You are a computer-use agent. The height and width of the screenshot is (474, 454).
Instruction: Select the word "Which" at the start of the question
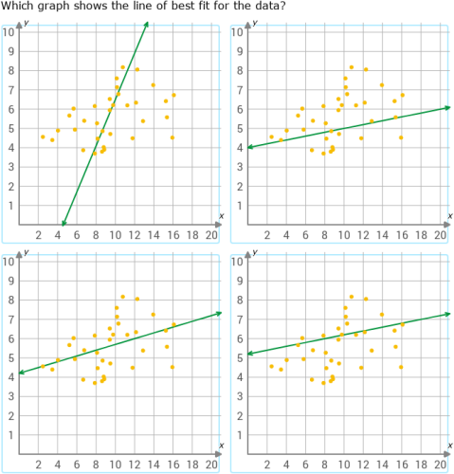point(19,8)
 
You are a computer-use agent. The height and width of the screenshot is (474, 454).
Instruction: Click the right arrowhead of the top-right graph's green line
point(445,108)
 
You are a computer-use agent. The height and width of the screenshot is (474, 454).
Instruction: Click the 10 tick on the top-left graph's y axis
point(9,31)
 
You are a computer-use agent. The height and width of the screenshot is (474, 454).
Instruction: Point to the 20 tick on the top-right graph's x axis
point(440,235)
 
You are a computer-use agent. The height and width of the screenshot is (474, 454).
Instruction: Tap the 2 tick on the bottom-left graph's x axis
point(38,465)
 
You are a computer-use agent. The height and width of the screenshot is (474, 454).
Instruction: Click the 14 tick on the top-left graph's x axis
point(153,235)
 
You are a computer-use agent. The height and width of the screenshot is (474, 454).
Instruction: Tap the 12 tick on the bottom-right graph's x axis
point(363,465)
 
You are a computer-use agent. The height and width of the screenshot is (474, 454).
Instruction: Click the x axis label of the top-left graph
point(221,216)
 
